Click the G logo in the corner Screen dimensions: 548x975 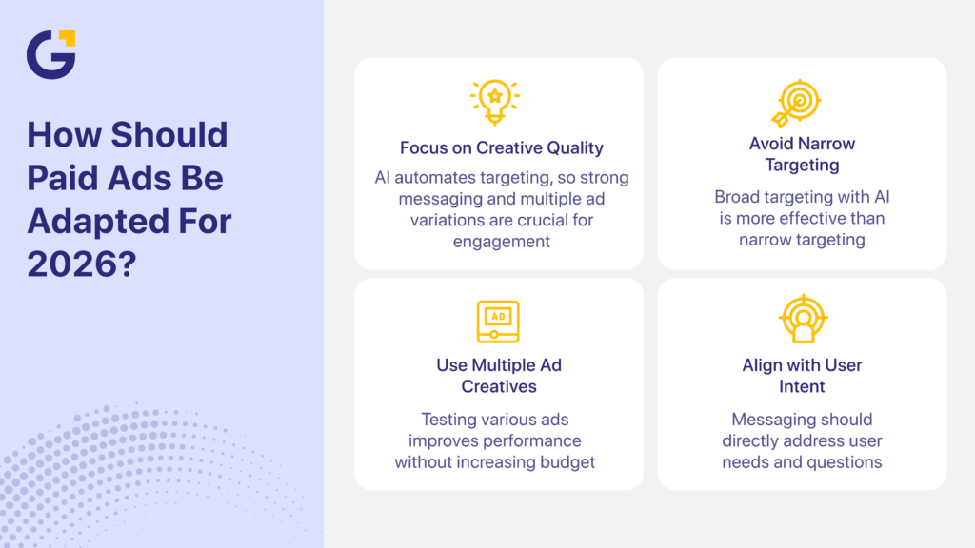tap(50, 54)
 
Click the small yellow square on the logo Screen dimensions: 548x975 tap(67, 38)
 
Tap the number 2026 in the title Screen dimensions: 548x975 tap(76, 264)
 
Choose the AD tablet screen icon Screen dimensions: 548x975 tap(497, 321)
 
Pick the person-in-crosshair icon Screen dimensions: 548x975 tap(802, 320)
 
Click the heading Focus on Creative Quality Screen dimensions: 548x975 tap(501, 147)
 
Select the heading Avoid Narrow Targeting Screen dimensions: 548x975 tap(802, 154)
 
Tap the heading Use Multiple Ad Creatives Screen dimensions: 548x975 tap(499, 376)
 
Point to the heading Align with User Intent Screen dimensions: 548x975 tap(802, 376)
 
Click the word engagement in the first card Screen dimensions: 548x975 tap(500, 242)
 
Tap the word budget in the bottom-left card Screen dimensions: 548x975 tap(567, 462)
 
